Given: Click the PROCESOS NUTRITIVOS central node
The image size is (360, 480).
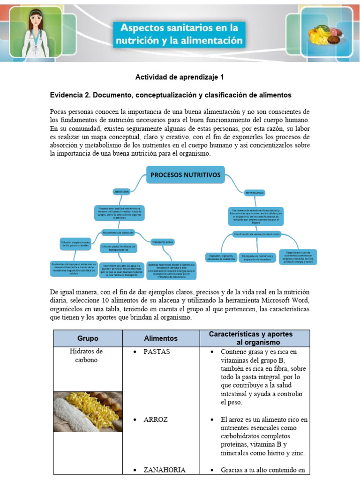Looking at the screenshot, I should [186, 175].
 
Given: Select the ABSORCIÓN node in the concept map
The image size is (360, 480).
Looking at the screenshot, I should [121, 191].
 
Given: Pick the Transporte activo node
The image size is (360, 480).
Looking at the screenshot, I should [163, 242].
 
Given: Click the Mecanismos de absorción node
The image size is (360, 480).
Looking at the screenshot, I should [118, 232].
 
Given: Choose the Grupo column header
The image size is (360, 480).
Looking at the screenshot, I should [88, 338].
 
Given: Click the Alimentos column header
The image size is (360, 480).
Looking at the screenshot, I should [161, 338].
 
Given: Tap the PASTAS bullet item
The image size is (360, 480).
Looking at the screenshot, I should [157, 352].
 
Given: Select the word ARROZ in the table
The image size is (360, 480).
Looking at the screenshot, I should [156, 419].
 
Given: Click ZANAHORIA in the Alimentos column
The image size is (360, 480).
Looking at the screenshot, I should [165, 470].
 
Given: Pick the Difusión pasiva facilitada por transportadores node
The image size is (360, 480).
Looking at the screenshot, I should [118, 247].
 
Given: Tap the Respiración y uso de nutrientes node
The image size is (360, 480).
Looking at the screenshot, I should [298, 257].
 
